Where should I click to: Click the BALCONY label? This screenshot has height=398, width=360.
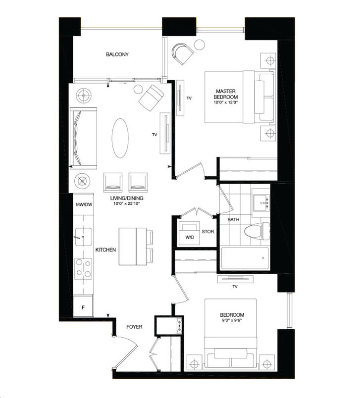117,54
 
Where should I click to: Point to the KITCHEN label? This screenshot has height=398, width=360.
105,250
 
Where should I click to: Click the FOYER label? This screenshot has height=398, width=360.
134,327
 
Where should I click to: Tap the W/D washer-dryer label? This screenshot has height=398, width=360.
189,237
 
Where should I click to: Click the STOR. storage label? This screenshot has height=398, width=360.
208,231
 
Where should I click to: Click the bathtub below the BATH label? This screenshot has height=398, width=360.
245,258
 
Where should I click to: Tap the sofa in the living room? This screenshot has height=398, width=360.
80,138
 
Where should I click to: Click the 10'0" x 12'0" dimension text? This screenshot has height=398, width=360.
227,102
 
